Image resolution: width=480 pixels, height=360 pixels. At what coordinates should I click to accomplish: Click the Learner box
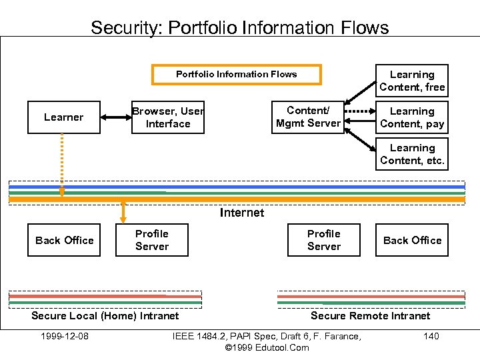click(64, 117)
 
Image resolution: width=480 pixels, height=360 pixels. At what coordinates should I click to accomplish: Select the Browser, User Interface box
click(168, 117)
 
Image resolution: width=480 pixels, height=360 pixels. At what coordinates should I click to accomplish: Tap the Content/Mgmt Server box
click(308, 117)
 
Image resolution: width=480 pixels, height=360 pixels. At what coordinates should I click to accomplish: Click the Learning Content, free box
click(412, 81)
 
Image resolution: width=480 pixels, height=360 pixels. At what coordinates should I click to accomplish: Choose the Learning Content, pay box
click(412, 117)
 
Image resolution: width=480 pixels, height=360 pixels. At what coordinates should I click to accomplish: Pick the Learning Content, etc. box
click(412, 154)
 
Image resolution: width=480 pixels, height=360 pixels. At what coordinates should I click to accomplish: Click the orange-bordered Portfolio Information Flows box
click(237, 74)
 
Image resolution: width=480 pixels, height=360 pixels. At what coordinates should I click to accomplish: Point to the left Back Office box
click(64, 240)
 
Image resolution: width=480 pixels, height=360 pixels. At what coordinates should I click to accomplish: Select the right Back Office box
click(412, 240)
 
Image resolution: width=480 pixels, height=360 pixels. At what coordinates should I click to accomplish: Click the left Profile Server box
click(152, 240)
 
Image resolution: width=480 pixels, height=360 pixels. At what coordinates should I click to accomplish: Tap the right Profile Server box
click(324, 240)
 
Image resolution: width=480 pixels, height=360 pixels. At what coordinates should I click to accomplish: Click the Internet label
click(242, 213)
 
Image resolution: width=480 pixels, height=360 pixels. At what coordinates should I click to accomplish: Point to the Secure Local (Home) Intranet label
click(105, 316)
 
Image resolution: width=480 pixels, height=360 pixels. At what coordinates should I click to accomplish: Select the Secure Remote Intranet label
click(371, 316)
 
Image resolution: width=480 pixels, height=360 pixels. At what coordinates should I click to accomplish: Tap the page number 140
click(431, 336)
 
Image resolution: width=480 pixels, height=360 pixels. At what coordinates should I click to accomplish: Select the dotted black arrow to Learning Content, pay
click(360, 111)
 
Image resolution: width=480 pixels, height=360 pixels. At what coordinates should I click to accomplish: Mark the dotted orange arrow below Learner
click(61, 163)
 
